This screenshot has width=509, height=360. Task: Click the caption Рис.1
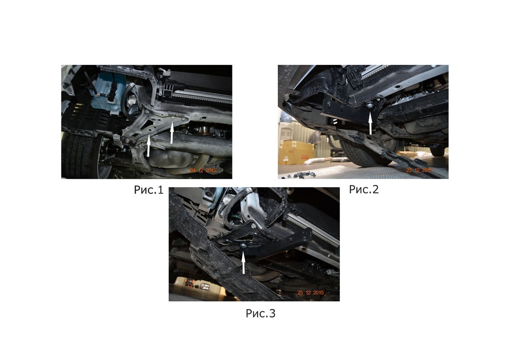tap(148, 190)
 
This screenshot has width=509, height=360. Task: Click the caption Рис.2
tap(364, 189)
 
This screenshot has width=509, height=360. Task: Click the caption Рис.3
tap(260, 313)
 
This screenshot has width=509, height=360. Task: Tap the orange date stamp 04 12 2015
tap(203, 170)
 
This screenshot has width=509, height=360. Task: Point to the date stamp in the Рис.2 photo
tap(420, 170)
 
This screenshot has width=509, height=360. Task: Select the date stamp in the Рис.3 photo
tap(310, 292)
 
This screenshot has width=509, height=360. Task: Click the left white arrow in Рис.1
tap(148, 146)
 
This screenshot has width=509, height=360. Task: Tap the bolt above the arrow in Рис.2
tap(369, 106)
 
